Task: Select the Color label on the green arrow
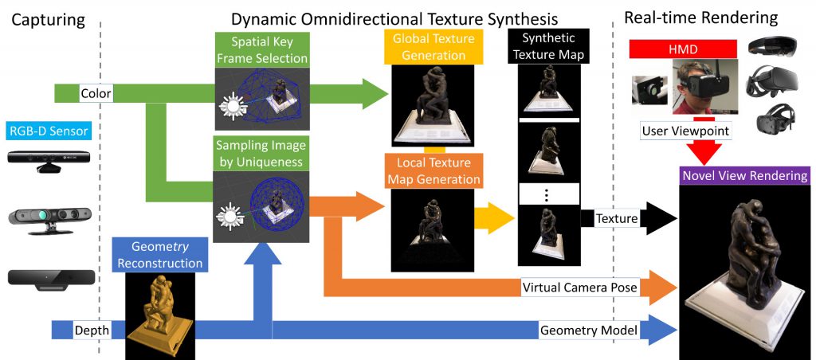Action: tap(96, 94)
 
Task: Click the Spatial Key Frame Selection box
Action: tap(261, 49)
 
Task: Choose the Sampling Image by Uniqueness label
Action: tap(261, 155)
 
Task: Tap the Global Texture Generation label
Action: tap(433, 47)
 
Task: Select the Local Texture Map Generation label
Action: tap(433, 170)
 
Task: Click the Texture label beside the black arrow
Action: tap(618, 218)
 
